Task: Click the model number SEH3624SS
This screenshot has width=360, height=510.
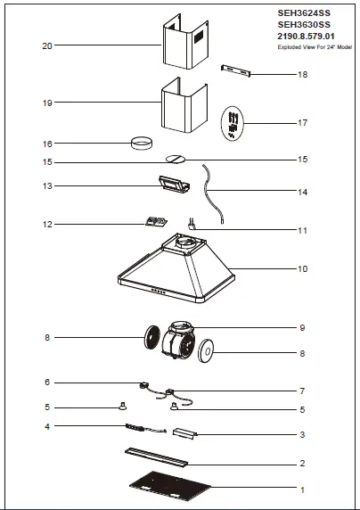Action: [x=304, y=14]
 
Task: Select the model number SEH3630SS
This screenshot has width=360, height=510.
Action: [x=304, y=25]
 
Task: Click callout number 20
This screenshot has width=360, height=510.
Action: [x=47, y=45]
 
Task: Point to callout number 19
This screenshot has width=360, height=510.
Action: [x=47, y=103]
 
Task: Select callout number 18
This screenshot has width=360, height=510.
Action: [x=302, y=75]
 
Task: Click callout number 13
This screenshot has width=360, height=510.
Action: [x=47, y=185]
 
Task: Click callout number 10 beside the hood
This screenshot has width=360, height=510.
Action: [x=302, y=268]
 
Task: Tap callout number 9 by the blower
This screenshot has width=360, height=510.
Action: [x=302, y=327]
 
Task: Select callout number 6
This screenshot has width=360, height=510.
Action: [x=47, y=382]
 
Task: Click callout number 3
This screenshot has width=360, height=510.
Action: [x=302, y=434]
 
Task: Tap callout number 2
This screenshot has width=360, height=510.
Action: [x=302, y=464]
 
